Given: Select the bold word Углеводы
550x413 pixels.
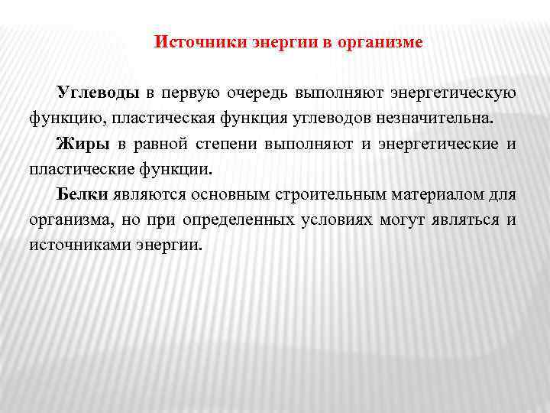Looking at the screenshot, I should click(x=98, y=93).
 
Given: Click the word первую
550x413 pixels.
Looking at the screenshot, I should click(x=189, y=93).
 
